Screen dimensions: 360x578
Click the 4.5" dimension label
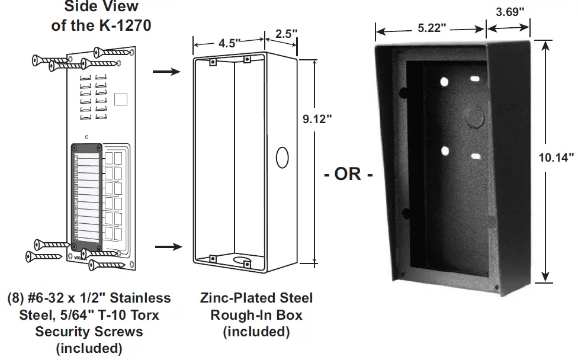point(229,43)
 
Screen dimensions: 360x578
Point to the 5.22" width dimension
point(431,28)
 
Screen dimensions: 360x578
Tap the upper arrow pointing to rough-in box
point(165,72)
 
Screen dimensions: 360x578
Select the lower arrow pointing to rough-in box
point(165,244)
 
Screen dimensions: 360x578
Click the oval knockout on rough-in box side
point(282,159)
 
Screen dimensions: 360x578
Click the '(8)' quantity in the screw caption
point(17,298)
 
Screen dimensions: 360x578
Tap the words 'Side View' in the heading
point(102,7)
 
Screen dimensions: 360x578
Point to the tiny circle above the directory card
point(87,137)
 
